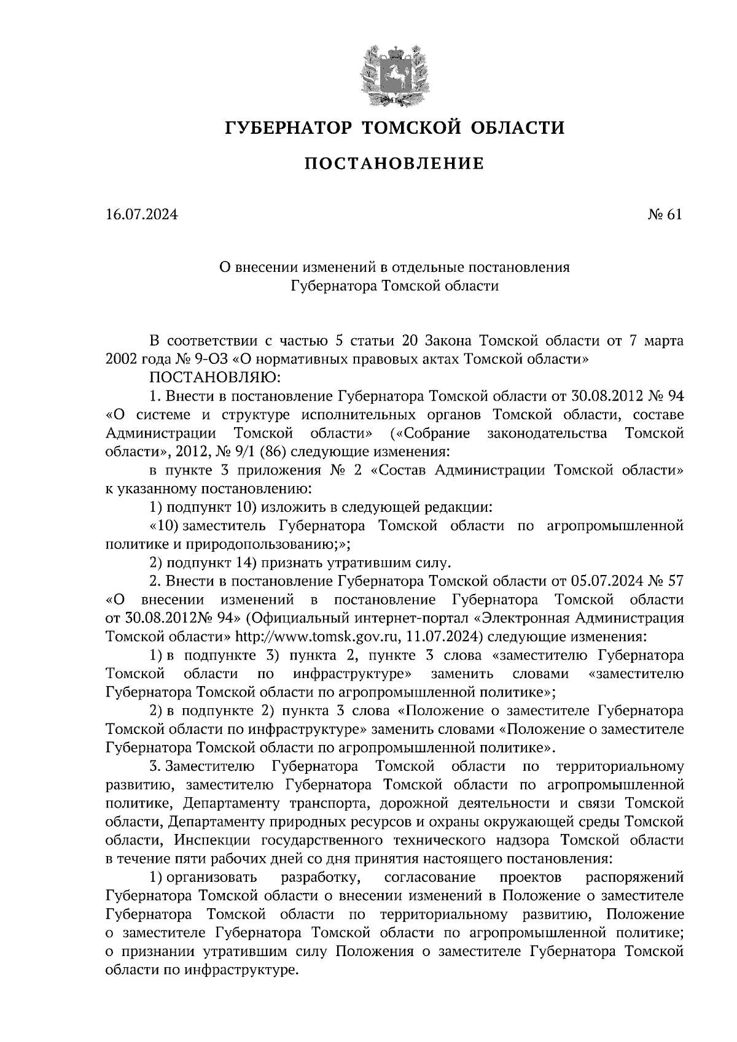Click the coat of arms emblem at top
(x=394, y=74)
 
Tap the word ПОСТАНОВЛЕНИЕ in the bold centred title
(x=394, y=164)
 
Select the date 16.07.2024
(x=141, y=215)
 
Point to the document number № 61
(x=664, y=215)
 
